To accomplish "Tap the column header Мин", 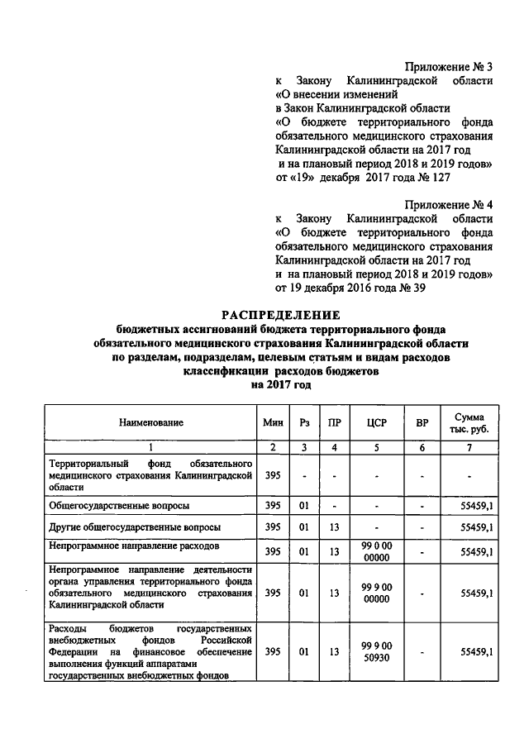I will [273, 422].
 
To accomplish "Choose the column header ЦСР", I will [376, 422].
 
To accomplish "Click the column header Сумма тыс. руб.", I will [469, 422].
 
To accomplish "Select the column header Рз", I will [304, 422].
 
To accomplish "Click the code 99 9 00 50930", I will [376, 651].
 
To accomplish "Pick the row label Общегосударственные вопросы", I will [120, 504].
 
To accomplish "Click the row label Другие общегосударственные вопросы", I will [133, 526].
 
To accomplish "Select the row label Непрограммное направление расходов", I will [134, 546].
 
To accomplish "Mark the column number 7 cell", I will [469, 446].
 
